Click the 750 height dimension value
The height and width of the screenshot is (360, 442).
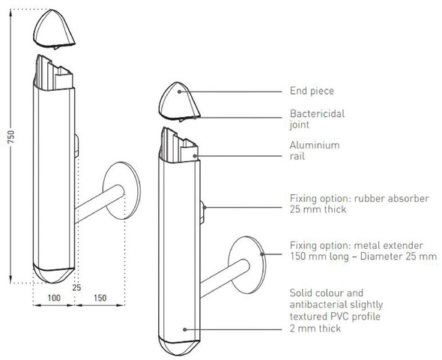10,136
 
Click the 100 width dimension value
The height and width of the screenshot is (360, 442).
54,298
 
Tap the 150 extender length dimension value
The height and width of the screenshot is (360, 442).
100,298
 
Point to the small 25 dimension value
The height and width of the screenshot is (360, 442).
76,288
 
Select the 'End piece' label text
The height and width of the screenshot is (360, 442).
312,91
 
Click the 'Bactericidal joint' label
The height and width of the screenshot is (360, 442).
317,119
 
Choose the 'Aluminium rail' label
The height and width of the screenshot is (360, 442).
315,151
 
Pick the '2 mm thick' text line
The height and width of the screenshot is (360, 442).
315,328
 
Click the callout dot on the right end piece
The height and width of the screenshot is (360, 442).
179,91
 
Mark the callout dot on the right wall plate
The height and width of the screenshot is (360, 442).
262,254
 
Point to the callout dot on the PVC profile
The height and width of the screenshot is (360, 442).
184,329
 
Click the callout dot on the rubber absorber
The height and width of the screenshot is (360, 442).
205,208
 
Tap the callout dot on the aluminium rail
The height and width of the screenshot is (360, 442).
195,155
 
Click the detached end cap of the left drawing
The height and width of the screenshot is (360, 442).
53,28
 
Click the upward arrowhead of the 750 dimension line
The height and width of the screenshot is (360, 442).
11,11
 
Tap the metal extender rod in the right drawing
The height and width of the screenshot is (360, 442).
224,277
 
